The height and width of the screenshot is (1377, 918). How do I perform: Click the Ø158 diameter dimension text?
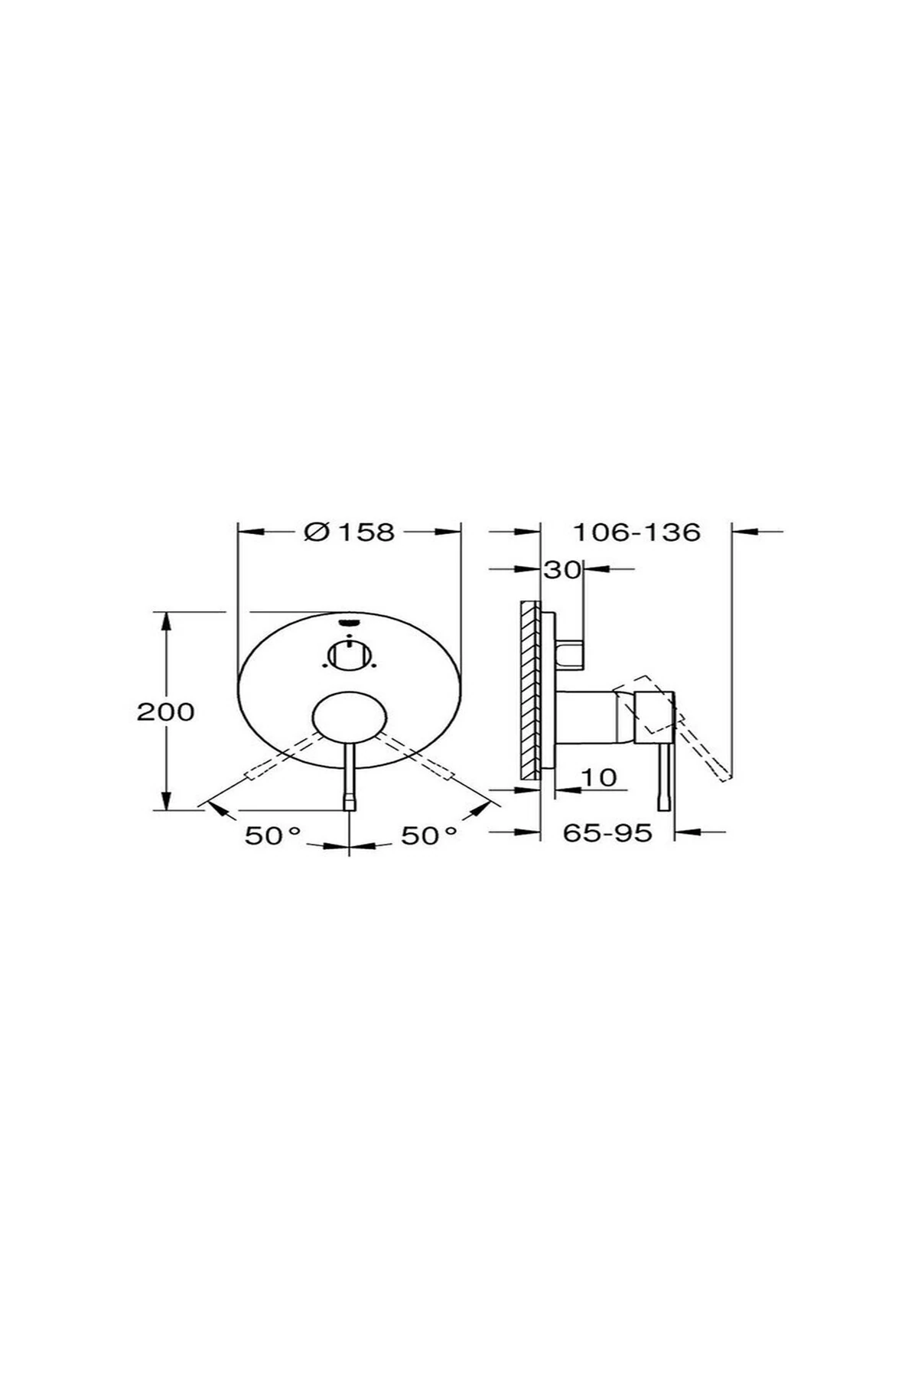pos(349,532)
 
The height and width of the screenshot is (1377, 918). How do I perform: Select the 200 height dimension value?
pos(165,712)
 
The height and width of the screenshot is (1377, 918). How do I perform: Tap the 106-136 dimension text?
pos(637,532)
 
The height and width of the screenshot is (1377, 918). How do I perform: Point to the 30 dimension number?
pos(562,569)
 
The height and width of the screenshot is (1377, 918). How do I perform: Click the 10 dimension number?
pos(598,777)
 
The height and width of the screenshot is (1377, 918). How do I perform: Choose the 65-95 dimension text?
pos(608,832)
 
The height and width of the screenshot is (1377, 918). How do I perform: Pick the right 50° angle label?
pos(430,835)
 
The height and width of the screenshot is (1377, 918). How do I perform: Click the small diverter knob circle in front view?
pos(349,656)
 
